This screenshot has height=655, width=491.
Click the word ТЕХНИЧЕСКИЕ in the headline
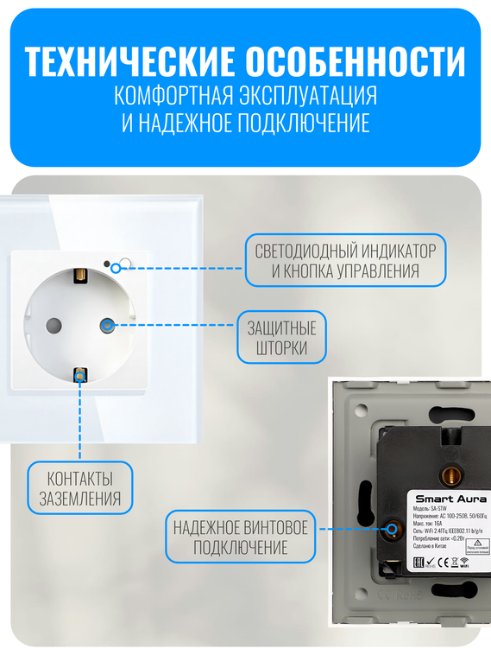coord(129,61)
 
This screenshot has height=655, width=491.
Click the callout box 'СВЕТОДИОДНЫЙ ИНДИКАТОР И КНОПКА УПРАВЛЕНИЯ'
coord(345,260)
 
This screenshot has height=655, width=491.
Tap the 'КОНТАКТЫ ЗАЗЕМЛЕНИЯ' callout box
coord(80,488)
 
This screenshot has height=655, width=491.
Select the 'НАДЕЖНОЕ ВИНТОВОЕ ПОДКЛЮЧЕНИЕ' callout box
coord(240,537)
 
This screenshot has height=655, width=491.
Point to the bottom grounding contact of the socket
coord(79,375)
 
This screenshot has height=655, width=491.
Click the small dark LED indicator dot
coord(107,263)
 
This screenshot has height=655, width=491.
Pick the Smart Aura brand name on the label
coord(450,499)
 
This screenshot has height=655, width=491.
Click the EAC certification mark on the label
coord(419,563)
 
